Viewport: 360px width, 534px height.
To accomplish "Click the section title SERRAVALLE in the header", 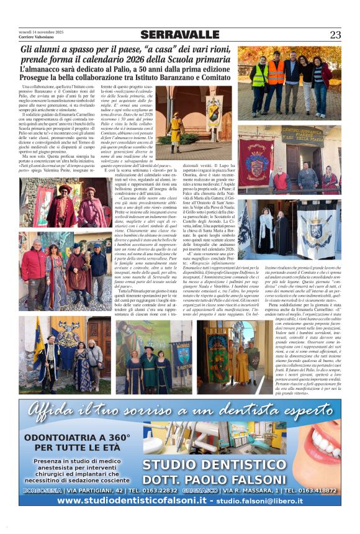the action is (179, 35).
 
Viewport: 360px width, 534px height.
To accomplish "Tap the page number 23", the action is (335, 35).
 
